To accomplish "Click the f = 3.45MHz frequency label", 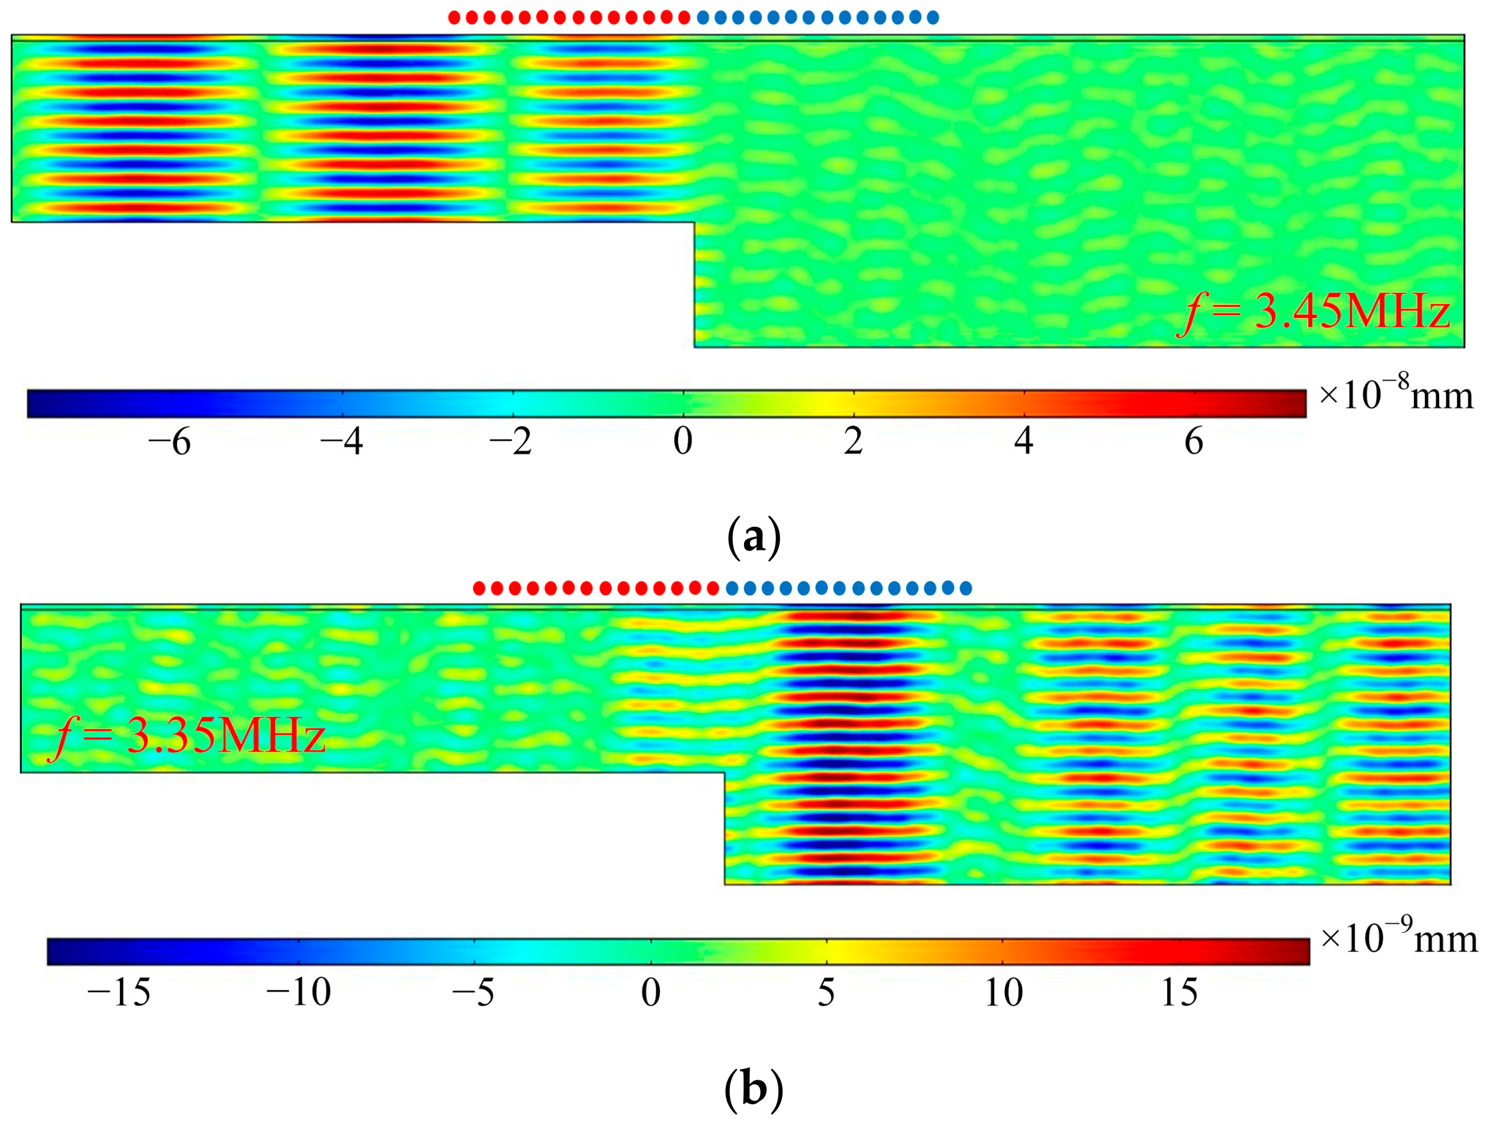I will pyautogui.click(x=1314, y=313).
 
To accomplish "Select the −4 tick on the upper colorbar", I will pyautogui.click(x=342, y=442).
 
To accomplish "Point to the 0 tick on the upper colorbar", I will pyautogui.click(x=683, y=442).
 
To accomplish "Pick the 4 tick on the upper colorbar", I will pyautogui.click(x=1024, y=442).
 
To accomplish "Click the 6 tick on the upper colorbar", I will pyautogui.click(x=1194, y=442).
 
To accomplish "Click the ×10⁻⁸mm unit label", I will pyautogui.click(x=1394, y=395).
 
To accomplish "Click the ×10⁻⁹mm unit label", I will pyautogui.click(x=1398, y=939).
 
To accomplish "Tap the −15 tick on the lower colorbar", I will pyautogui.click(x=119, y=992).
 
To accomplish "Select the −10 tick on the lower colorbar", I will pyautogui.click(x=299, y=992).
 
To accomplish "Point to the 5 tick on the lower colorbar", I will pyautogui.click(x=826, y=992).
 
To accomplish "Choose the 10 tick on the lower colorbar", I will pyautogui.click(x=1004, y=992).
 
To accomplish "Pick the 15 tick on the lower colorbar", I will pyautogui.click(x=1180, y=992).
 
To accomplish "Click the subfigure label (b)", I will pyautogui.click(x=754, y=1090).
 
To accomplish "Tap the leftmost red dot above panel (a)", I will pyautogui.click(x=454, y=18).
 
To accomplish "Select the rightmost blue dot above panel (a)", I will pyautogui.click(x=933, y=18).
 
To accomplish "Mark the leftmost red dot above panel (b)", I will pyautogui.click(x=479, y=589).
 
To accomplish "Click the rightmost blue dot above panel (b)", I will pyautogui.click(x=966, y=589).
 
